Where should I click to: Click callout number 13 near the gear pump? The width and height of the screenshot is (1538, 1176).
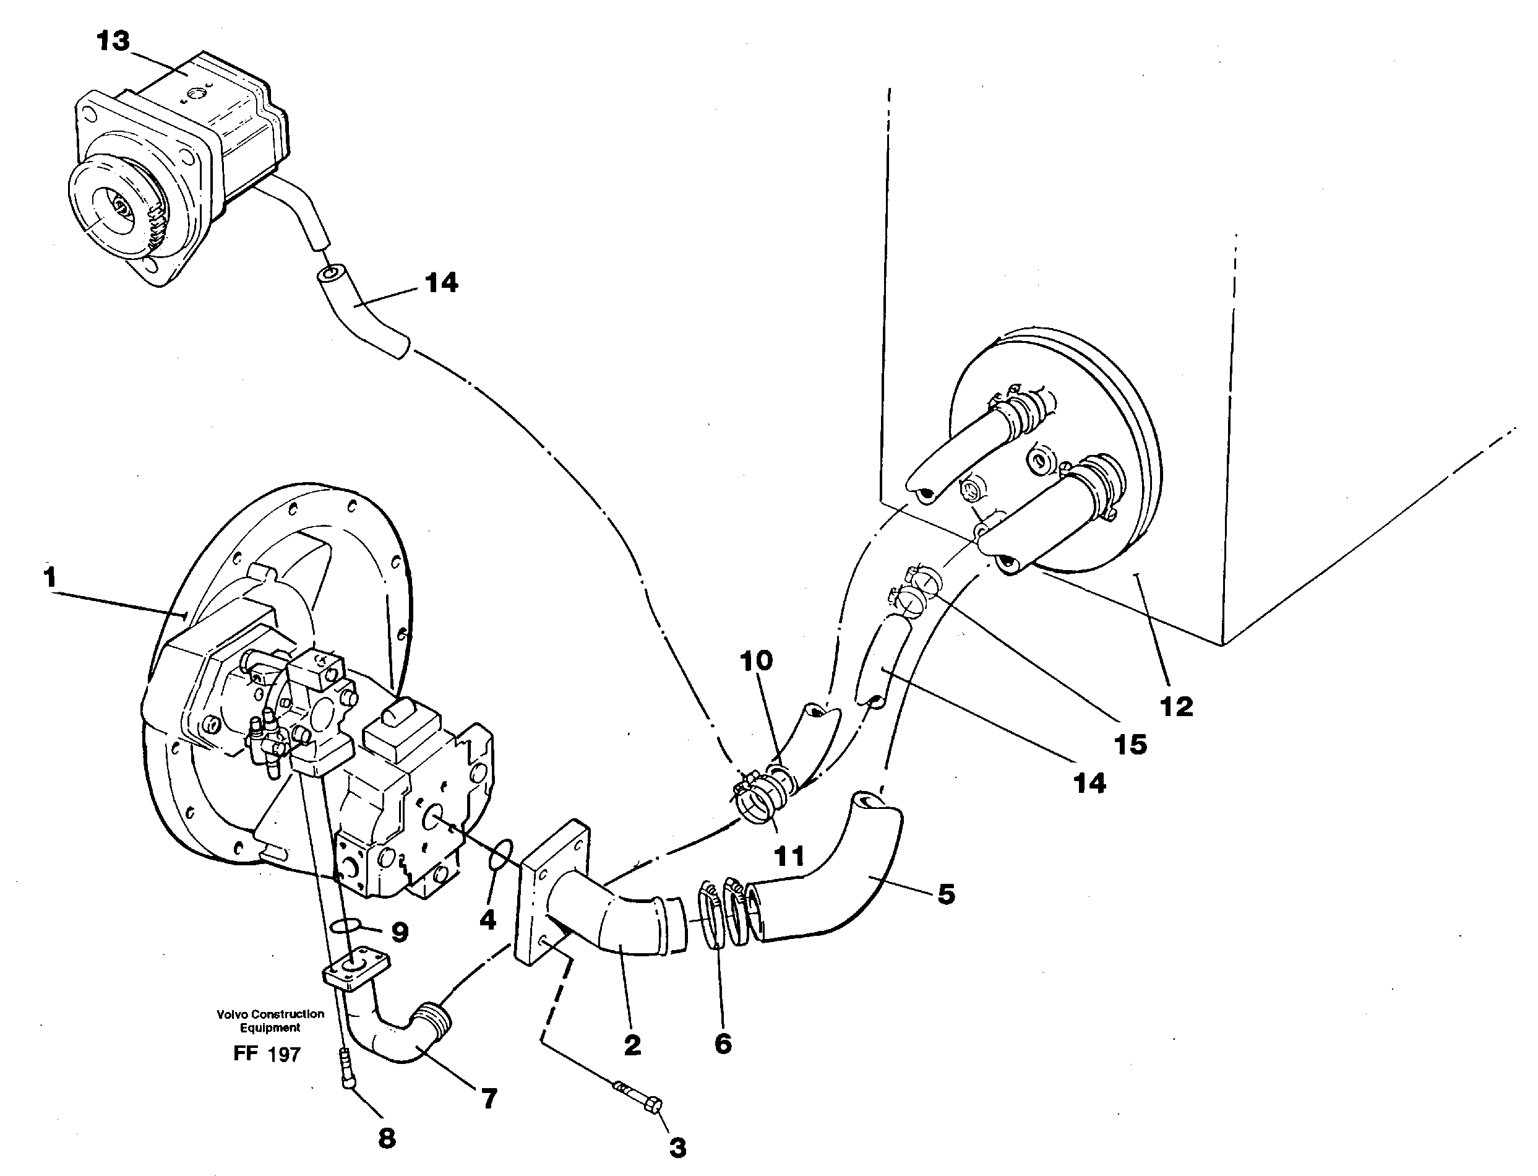coord(113,41)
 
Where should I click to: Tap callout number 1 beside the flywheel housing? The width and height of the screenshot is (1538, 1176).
coord(49,577)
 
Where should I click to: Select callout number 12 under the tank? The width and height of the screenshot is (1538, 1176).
coord(1176,706)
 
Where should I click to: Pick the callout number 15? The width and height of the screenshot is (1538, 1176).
coord(1131,745)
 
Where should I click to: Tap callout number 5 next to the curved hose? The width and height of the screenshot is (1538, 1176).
coord(946,894)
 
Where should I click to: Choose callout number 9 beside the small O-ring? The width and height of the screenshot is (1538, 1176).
coord(400,932)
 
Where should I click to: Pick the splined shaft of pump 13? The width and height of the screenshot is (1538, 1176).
coord(121,208)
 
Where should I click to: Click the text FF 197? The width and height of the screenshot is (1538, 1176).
coord(267,1053)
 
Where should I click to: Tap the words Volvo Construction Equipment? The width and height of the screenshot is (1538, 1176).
coord(270,1021)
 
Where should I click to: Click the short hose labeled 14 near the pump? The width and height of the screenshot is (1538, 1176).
coord(364,311)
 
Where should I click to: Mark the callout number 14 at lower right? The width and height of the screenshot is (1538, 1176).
coord(1089,784)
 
